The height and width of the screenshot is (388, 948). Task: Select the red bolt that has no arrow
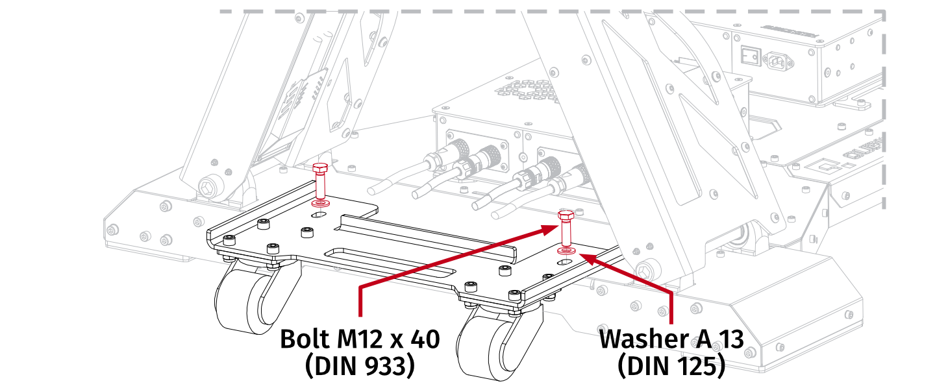pyautogui.click(x=319, y=181)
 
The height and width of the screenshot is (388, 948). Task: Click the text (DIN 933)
pyautogui.click(x=359, y=367)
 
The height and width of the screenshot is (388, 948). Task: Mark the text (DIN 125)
pyautogui.click(x=671, y=367)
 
